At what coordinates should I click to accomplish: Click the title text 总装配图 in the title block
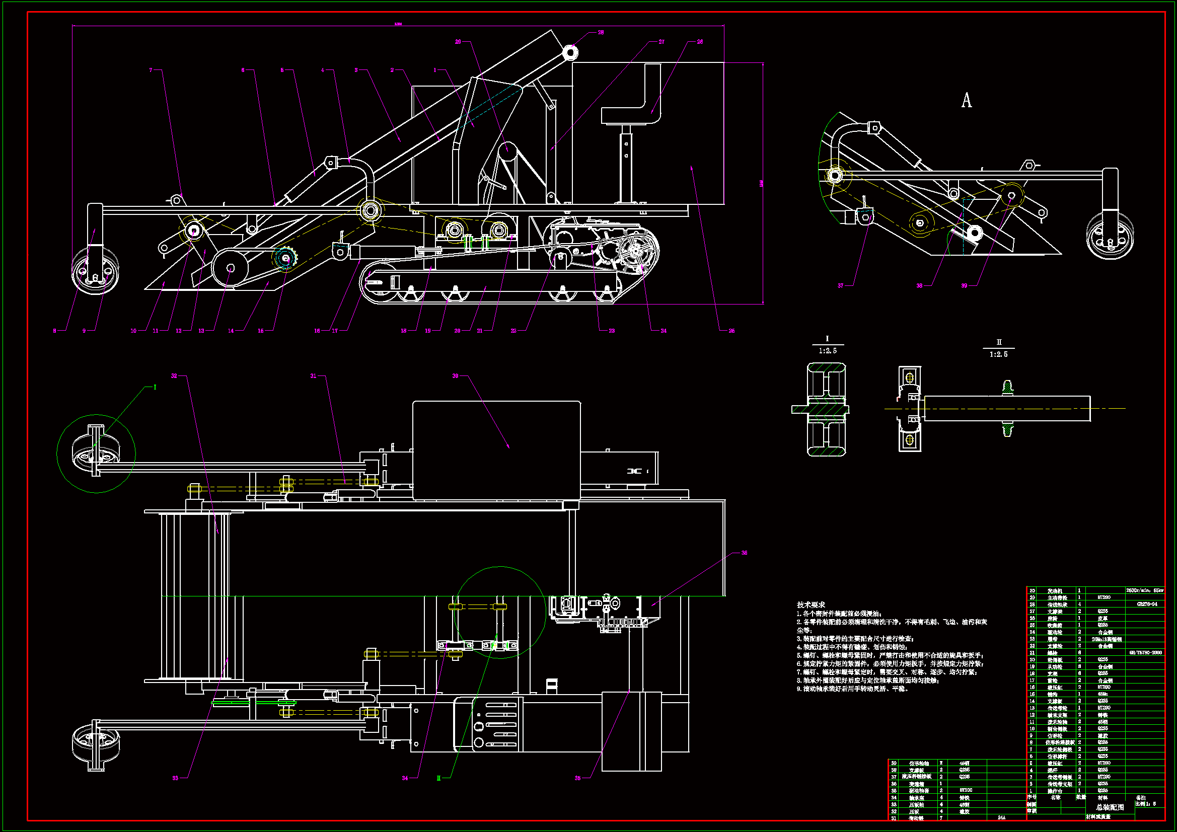click(x=1110, y=806)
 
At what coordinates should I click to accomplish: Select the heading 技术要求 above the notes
click(x=811, y=605)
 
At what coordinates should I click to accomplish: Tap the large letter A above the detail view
click(x=966, y=101)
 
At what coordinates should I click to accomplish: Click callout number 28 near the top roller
click(x=601, y=32)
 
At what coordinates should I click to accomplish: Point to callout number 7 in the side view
click(x=151, y=70)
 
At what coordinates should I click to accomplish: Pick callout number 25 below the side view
click(x=731, y=331)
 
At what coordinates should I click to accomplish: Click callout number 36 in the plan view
click(x=745, y=553)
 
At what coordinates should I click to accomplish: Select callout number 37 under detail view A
click(x=840, y=285)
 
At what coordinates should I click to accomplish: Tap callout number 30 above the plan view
click(x=455, y=376)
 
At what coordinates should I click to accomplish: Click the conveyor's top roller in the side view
click(x=570, y=52)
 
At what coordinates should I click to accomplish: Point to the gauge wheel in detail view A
click(x=1110, y=236)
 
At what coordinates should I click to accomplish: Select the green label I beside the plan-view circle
click(x=155, y=387)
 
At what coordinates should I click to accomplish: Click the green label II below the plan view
click(x=438, y=778)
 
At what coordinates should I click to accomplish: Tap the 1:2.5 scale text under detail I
click(x=828, y=351)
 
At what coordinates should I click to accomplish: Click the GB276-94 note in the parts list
click(x=1147, y=604)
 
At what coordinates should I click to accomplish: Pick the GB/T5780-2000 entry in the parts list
click(x=1145, y=653)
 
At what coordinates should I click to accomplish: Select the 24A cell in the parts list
click(x=1001, y=817)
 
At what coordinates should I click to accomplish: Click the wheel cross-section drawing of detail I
click(x=826, y=409)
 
